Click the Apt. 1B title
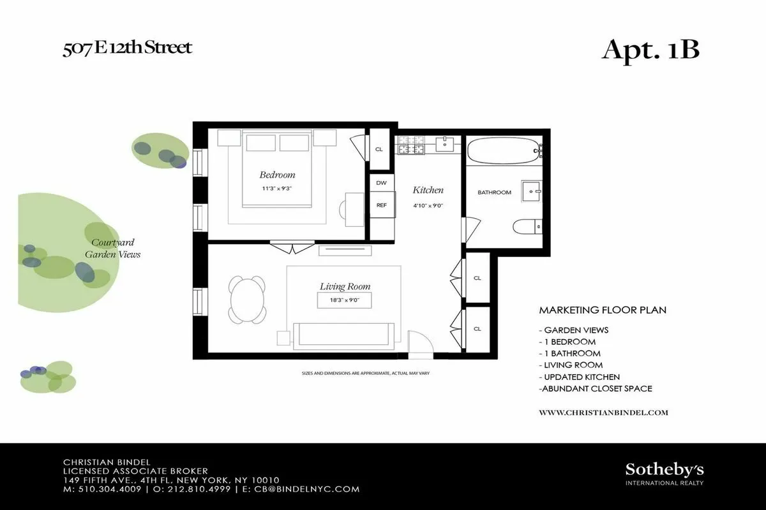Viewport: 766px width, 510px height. click(650, 50)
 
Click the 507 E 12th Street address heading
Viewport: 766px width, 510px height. click(127, 48)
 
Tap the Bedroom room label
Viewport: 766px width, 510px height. click(277, 175)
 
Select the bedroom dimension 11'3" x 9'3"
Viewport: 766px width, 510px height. click(277, 188)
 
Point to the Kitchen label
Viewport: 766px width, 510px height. click(428, 190)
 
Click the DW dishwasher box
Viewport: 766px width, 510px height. click(381, 183)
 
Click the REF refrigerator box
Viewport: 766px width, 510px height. click(381, 205)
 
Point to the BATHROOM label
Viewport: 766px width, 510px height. click(495, 193)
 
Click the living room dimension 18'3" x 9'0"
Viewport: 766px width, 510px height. click(345, 301)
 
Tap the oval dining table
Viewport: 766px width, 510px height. click(247, 300)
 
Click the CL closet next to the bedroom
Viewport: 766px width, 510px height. click(379, 149)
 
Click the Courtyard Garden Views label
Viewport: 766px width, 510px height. click(113, 249)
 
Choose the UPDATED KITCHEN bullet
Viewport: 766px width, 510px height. click(580, 377)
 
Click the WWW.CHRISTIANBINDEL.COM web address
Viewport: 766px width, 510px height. click(603, 412)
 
